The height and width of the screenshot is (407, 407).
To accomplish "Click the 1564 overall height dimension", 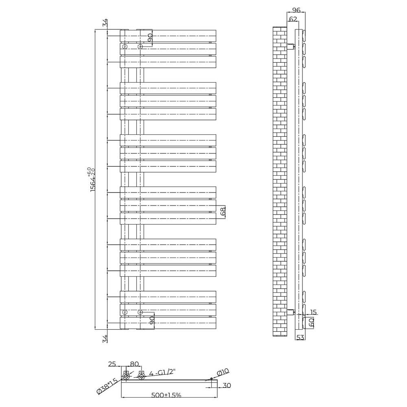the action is coord(93,179).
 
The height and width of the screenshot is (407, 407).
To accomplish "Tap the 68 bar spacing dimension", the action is coord(223,212).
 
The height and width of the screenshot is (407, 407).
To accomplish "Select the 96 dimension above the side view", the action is coord(296,10).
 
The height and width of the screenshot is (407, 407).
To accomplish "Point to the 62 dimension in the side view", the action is coord(293,19).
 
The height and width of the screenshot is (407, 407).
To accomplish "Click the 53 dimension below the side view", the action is coord(300,337).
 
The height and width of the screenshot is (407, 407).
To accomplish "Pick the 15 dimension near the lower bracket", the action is coord(313,312).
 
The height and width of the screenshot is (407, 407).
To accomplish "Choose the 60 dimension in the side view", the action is coord(311,322).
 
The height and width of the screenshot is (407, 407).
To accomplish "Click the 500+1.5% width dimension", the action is coord(166,395).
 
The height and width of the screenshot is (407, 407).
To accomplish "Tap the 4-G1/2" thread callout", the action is coord(162,373).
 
